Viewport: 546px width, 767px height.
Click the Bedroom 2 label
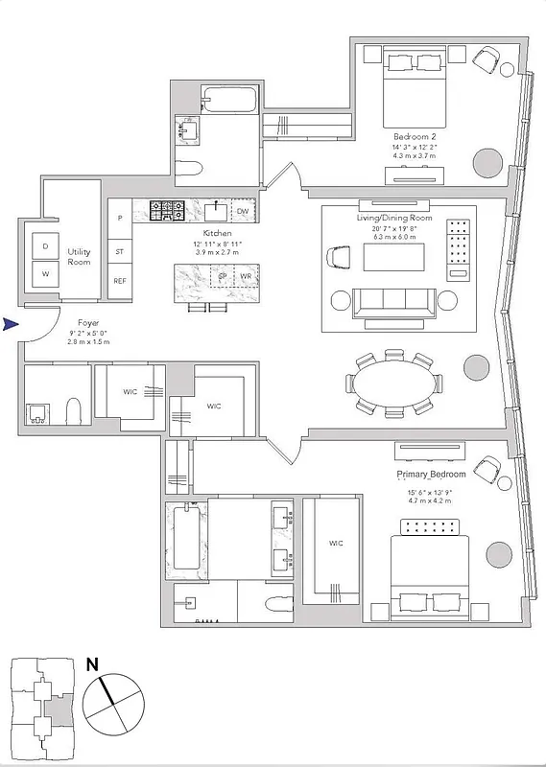click(x=414, y=135)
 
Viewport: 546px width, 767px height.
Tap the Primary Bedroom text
click(x=431, y=475)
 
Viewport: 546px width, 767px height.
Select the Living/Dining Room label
click(x=394, y=218)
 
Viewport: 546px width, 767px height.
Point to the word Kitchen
click(x=216, y=233)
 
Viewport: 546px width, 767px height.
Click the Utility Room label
click(x=79, y=256)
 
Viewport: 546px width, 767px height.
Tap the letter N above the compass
click(x=92, y=662)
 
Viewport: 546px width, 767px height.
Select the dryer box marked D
click(x=45, y=246)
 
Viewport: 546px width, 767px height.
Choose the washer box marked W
click(x=45, y=273)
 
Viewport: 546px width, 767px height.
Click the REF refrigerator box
click(x=120, y=281)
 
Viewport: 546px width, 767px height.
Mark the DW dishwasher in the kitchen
click(x=242, y=210)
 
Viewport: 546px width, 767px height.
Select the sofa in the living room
click(x=392, y=301)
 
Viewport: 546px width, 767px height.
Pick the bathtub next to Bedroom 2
click(x=229, y=99)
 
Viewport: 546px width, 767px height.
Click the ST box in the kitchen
click(x=120, y=252)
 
